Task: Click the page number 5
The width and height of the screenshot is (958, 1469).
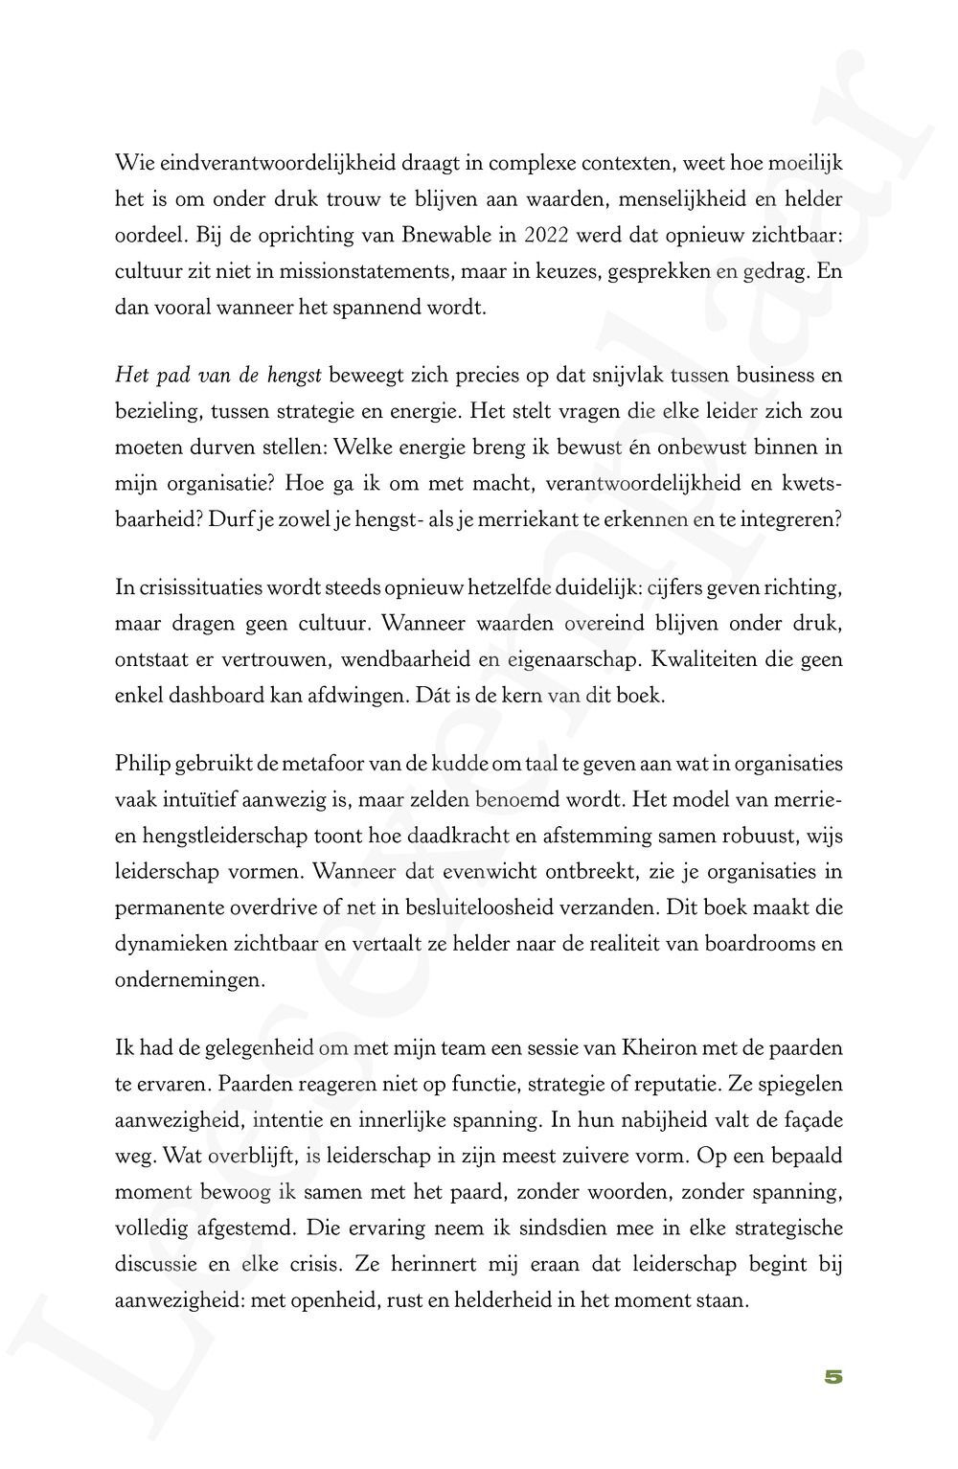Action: (833, 1376)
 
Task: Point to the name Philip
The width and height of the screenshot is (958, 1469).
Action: (142, 765)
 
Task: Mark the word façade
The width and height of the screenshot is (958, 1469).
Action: (810, 1120)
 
